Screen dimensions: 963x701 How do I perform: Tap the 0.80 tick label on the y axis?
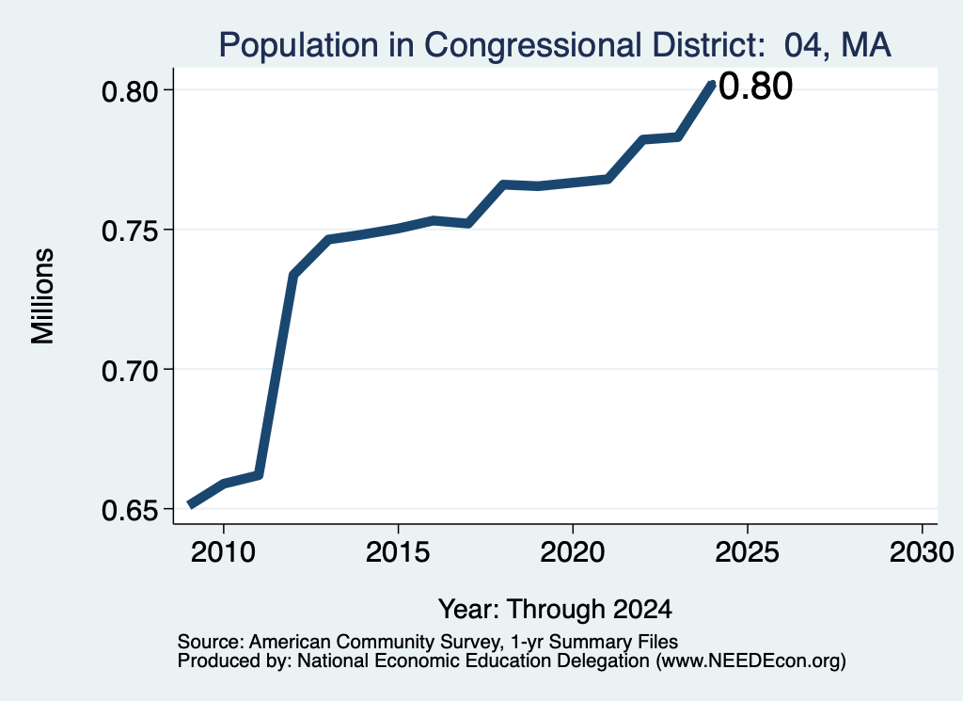pos(130,91)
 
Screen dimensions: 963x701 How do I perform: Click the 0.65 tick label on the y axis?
pos(130,510)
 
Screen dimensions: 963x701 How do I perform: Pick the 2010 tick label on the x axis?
pos(223,551)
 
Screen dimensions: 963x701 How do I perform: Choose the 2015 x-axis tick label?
pos(398,551)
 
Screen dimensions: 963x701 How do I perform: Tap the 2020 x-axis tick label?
pos(573,551)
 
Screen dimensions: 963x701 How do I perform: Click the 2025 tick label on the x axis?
pos(748,551)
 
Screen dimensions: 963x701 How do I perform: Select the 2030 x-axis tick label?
pos(922,551)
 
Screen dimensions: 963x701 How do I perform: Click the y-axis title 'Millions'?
pos(43,296)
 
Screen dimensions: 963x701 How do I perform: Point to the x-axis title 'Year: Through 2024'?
pos(555,609)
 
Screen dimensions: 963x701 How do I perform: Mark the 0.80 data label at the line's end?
pos(755,86)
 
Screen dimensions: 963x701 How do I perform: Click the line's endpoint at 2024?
pos(712,84)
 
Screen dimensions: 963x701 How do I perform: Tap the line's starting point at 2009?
pos(190,505)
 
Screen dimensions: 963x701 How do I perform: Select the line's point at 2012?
pos(293,276)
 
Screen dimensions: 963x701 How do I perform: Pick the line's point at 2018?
pos(503,184)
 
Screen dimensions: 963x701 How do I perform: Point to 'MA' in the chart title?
pos(866,45)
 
